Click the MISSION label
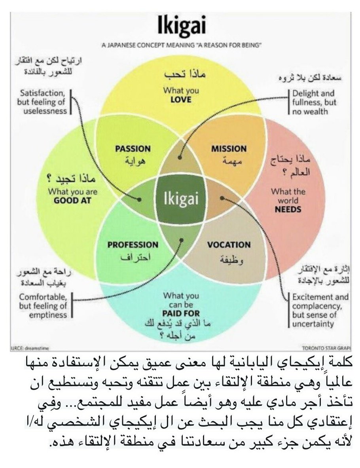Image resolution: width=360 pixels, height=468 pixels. pyautogui.click(x=229, y=149)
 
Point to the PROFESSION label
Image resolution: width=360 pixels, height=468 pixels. pyautogui.click(x=133, y=245)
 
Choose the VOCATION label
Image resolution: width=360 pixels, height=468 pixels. pyautogui.click(x=229, y=245)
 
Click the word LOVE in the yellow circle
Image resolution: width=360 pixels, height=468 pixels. pyautogui.click(x=181, y=99)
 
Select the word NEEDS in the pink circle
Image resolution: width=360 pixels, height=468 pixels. pyautogui.click(x=288, y=210)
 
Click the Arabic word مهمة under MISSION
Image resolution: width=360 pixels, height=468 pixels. pyautogui.click(x=229, y=161)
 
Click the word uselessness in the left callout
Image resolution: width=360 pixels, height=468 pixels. pyautogui.click(x=45, y=111)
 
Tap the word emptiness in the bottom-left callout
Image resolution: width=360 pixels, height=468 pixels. pyautogui.click(x=44, y=315)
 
